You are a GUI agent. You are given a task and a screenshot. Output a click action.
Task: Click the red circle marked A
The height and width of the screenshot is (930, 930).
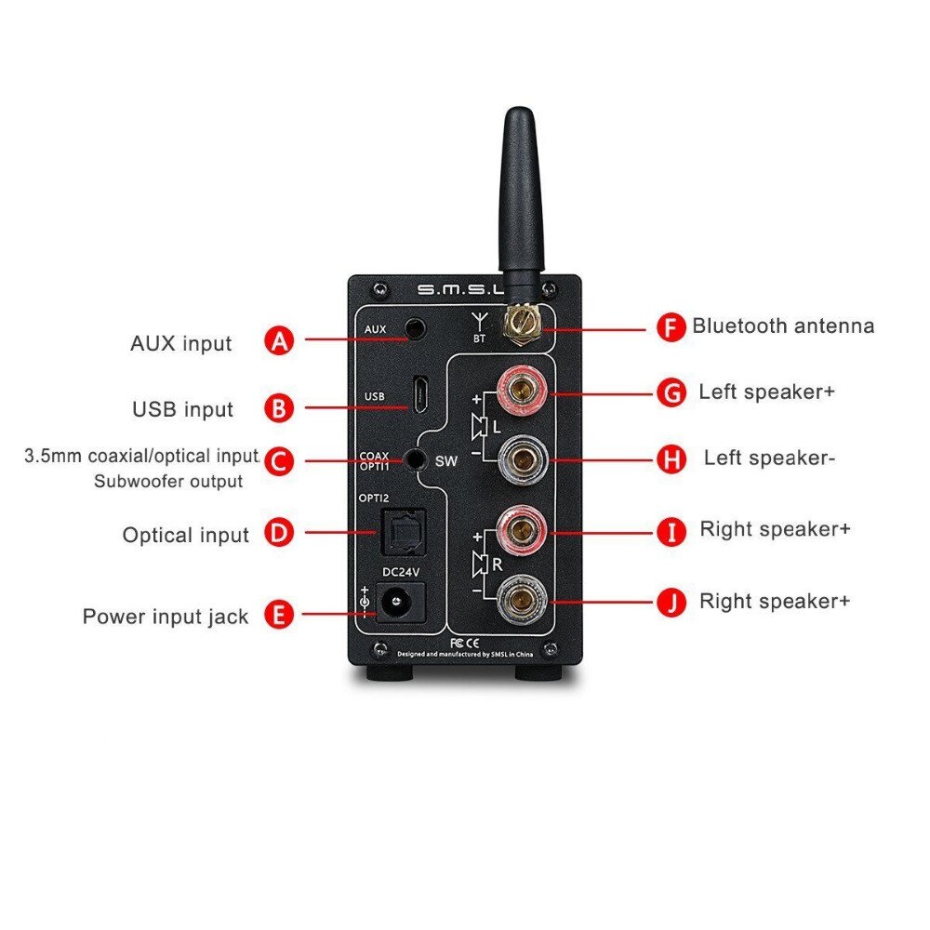(280, 340)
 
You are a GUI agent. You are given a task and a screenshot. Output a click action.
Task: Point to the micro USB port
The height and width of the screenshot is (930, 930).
(420, 393)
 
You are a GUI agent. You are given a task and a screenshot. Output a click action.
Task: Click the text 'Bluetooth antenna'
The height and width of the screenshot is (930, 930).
(783, 326)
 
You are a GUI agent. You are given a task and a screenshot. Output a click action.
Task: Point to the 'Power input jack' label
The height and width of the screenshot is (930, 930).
(166, 617)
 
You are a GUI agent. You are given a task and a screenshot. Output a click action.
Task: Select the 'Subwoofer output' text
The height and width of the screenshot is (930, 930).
(168, 482)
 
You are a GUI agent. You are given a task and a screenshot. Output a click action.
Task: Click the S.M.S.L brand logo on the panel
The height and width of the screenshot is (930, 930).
(452, 291)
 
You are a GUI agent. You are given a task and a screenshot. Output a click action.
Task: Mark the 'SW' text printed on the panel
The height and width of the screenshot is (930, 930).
(447, 460)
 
